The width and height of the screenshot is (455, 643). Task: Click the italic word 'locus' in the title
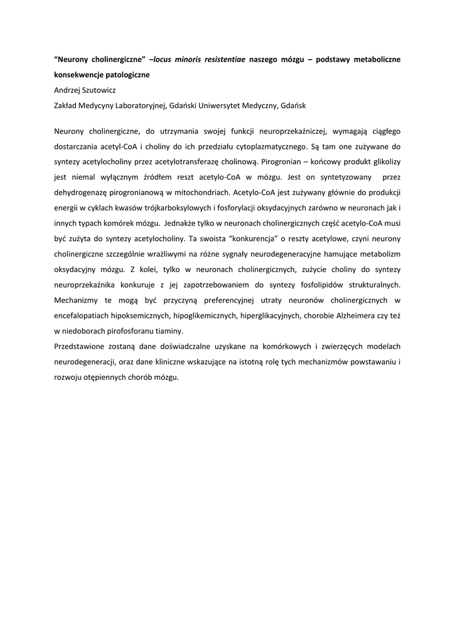[162, 60]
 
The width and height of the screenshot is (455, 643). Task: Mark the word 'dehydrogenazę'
[79, 192]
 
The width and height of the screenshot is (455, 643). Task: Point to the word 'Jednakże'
[182, 223]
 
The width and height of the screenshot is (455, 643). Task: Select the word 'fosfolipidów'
[325, 284]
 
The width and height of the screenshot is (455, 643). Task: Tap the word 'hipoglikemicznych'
[200, 315]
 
